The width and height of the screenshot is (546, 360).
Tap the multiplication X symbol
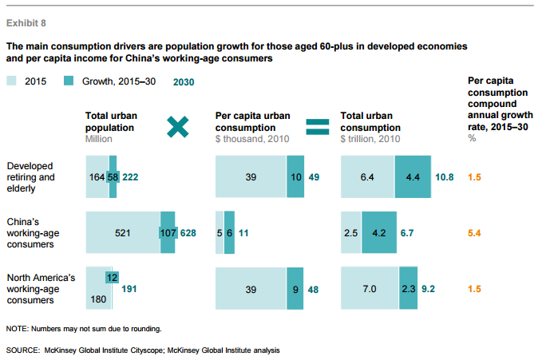(x=178, y=125)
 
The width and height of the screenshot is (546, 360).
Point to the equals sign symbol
(x=318, y=125)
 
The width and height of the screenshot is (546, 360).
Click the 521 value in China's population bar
(x=122, y=232)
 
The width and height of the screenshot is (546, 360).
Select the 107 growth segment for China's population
(x=168, y=232)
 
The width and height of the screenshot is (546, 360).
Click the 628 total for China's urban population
(x=188, y=232)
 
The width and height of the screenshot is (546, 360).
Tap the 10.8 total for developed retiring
(x=445, y=177)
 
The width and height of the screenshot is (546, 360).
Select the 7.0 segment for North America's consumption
(x=369, y=287)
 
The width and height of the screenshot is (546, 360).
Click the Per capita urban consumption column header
(x=250, y=121)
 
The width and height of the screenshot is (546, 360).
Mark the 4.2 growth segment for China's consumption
(x=379, y=232)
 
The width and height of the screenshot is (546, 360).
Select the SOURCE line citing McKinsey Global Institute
(x=142, y=350)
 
